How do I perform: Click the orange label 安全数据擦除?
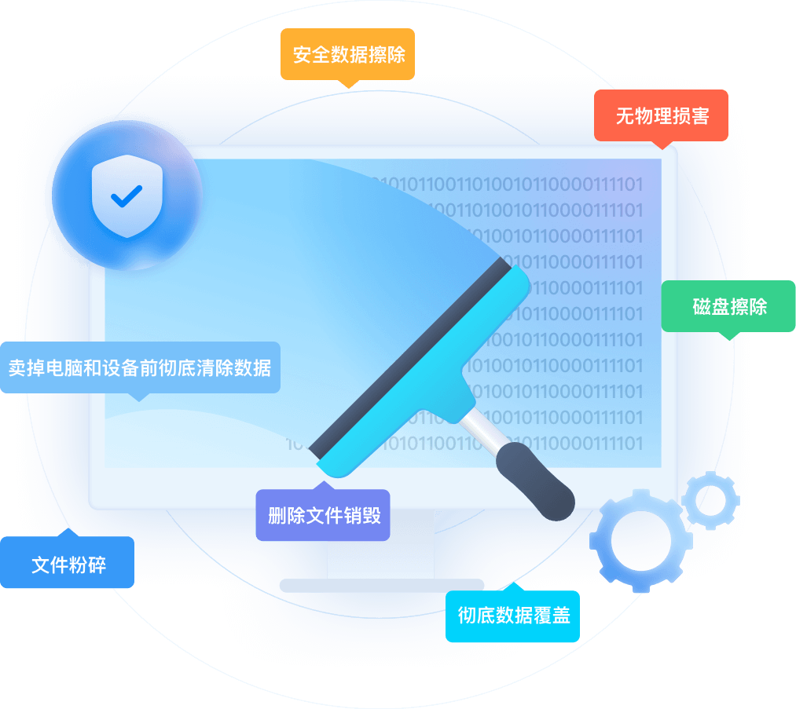(347, 54)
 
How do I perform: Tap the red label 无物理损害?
(661, 115)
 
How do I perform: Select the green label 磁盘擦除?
(728, 306)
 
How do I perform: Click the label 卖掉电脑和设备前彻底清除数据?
(140, 367)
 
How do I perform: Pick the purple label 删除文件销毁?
(323, 515)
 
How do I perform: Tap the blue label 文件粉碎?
(68, 562)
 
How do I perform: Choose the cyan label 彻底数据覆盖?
(512, 616)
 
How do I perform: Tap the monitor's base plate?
(381, 585)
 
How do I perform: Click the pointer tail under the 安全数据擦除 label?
(347, 82)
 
